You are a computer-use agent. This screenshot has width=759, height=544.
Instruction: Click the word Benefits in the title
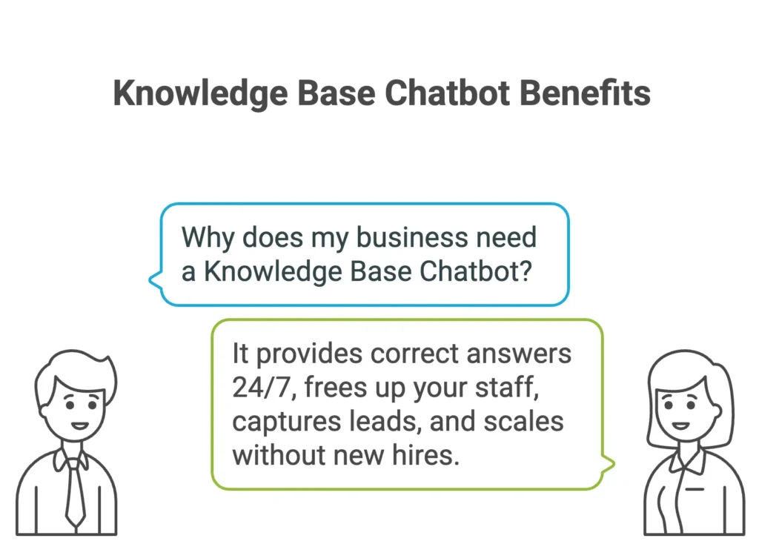tap(585, 93)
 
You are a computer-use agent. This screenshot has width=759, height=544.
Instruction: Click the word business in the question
tap(412, 237)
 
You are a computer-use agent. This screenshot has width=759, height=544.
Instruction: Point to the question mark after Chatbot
tap(525, 271)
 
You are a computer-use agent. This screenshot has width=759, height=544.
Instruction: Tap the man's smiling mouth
tap(80, 426)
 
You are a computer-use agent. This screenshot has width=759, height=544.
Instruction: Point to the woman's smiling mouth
tap(680, 426)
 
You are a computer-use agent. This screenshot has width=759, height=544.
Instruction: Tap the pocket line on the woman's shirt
tap(695, 489)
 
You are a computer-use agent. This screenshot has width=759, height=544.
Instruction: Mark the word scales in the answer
tap(524, 421)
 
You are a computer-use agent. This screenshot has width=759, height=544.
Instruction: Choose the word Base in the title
tap(337, 93)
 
